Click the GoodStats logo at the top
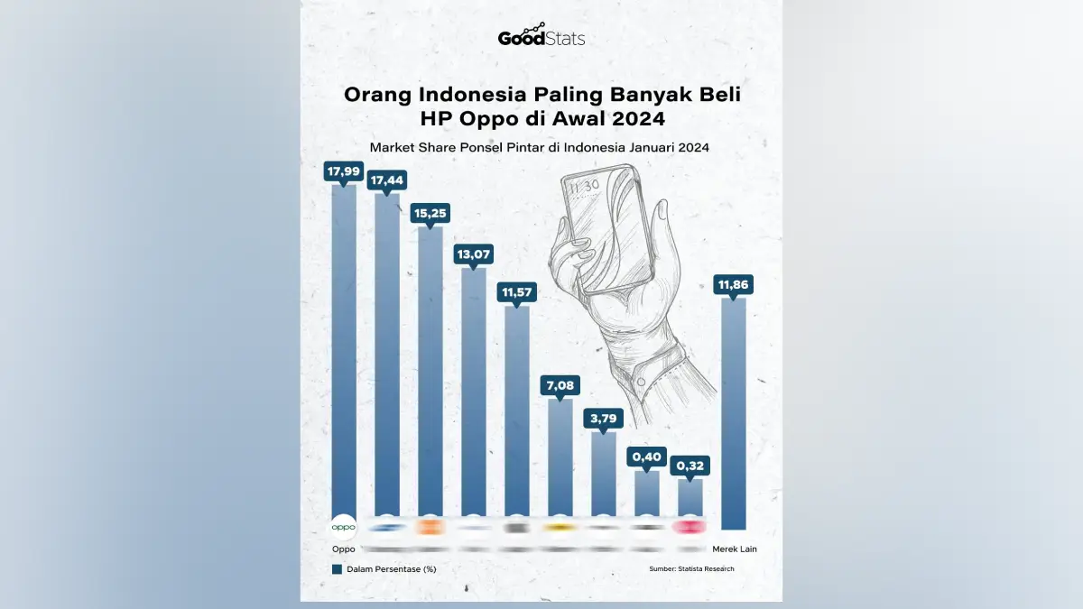(541, 37)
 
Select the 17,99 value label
(343, 171)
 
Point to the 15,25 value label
(430, 214)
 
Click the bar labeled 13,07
(473, 397)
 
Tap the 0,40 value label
(646, 458)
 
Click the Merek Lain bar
(734, 415)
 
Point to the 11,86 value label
(734, 286)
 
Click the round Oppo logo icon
(343, 527)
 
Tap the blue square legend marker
(337, 568)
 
